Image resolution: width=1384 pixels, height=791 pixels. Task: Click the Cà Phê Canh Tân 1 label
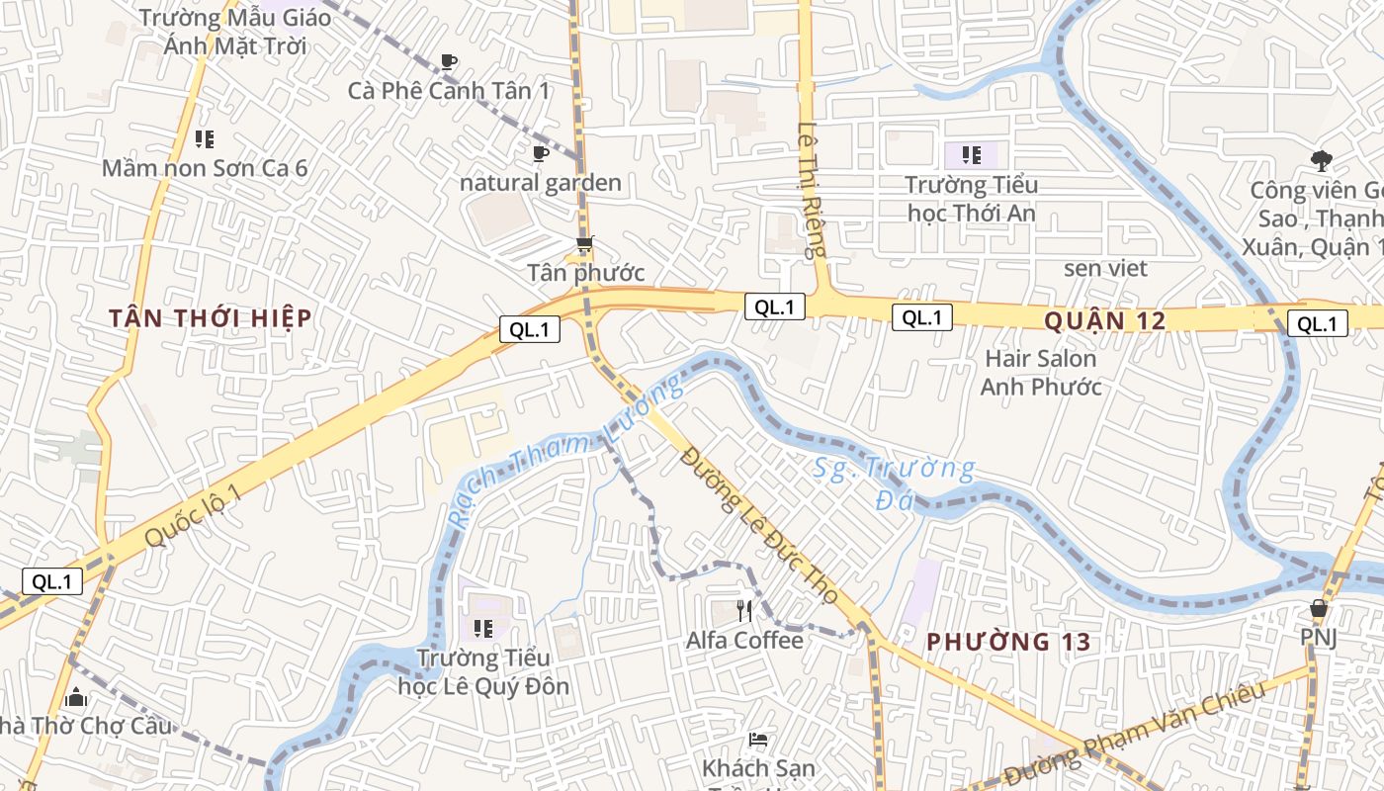coord(449,90)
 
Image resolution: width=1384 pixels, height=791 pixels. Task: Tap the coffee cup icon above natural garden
coord(540,154)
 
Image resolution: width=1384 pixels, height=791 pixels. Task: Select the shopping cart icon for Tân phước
coord(585,243)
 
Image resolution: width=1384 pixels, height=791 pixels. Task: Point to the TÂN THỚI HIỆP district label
coord(211,318)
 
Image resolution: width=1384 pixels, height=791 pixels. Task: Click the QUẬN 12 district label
coord(1104,320)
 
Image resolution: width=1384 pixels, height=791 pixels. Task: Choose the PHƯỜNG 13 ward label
coord(1008,642)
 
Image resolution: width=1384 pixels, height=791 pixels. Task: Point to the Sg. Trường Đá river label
coord(894,483)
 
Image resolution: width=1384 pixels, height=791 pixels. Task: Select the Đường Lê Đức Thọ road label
coord(760,524)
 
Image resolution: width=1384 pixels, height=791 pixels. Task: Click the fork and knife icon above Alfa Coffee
coord(744,612)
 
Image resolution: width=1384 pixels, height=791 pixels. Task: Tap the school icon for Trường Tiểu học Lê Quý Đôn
coord(482,628)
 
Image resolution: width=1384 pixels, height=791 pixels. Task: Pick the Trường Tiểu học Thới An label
coord(972,199)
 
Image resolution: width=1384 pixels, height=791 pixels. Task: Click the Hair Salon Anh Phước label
coord(1040,373)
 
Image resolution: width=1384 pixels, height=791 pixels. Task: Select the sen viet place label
coord(1105,268)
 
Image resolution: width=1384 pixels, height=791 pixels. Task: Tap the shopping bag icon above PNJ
coord(1318,608)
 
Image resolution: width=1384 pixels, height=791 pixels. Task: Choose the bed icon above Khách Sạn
coord(758,739)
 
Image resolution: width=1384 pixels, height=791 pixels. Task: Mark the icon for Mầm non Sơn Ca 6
coord(205,139)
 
